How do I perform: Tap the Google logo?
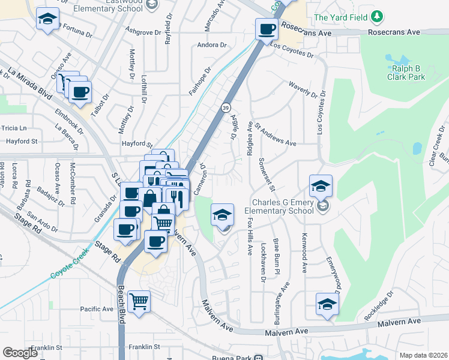20,353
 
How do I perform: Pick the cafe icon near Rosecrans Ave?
267,28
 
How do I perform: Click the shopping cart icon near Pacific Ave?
139,301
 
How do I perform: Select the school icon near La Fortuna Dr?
47,19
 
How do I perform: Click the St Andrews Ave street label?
276,135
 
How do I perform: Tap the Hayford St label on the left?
22,142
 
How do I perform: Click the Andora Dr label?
212,45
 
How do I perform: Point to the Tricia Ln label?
14,128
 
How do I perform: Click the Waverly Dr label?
303,89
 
